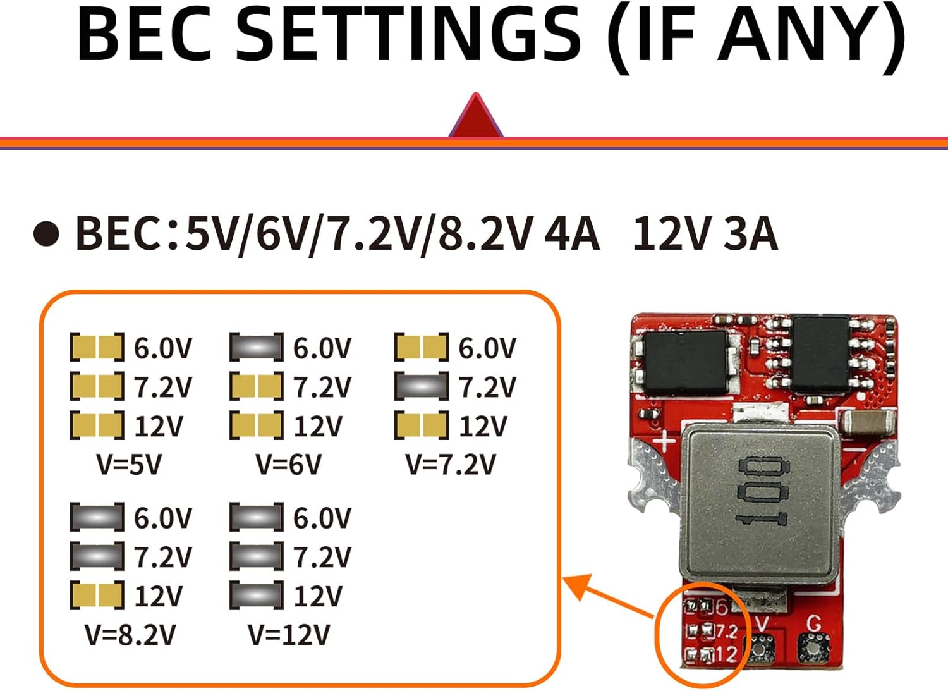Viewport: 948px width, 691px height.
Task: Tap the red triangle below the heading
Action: (x=475, y=118)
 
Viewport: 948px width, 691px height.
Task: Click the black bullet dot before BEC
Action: (x=46, y=234)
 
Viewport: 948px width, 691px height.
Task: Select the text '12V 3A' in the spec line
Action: (x=705, y=234)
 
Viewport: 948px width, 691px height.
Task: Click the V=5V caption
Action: (x=129, y=464)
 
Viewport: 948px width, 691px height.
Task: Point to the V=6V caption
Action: (x=288, y=464)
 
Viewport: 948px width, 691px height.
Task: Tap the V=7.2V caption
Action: (x=451, y=464)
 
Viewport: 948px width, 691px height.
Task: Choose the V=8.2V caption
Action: (x=130, y=634)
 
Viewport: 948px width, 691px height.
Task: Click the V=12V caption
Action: (x=288, y=634)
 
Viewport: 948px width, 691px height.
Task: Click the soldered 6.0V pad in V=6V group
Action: (x=256, y=347)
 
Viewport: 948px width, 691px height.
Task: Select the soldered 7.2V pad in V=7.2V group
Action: (x=422, y=386)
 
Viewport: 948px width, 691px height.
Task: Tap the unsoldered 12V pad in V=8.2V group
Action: (x=97, y=596)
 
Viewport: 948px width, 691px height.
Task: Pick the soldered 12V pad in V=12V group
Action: (x=256, y=596)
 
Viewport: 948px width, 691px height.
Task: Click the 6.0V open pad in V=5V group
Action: (x=97, y=347)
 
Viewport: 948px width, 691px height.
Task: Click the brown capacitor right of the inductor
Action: (x=866, y=422)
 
